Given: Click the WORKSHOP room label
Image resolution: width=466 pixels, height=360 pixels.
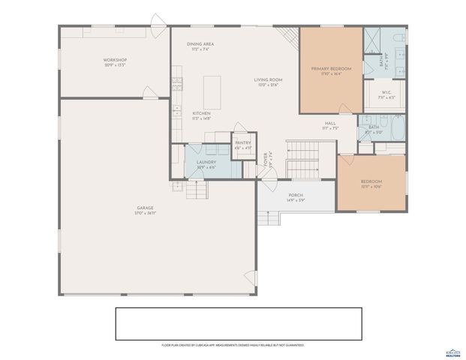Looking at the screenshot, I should click(115, 60).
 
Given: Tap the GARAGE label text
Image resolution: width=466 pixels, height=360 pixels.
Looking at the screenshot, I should click(145, 208).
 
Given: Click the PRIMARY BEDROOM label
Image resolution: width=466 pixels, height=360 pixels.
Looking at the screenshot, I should click(331, 68).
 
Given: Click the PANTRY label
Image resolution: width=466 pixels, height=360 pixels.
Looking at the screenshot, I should click(242, 142).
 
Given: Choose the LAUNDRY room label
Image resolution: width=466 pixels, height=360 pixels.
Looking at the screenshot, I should click(206, 162).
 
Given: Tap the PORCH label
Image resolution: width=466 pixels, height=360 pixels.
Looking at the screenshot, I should click(295, 195).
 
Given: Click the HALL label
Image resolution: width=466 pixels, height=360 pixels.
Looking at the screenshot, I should click(330, 124).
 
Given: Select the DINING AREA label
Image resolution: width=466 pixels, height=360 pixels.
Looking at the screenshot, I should click(201, 44).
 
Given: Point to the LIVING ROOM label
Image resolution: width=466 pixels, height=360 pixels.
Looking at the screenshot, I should click(268, 79).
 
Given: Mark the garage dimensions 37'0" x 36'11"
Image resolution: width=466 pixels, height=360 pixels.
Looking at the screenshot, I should click(145, 214).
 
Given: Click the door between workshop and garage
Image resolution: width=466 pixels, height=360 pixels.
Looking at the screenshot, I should click(150, 93).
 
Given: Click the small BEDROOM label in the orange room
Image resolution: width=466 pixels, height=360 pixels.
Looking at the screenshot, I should click(371, 181).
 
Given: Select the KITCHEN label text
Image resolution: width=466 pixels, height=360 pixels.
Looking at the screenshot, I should click(201, 113).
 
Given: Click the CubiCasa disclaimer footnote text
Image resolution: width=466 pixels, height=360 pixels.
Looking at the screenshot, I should click(233, 345).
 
